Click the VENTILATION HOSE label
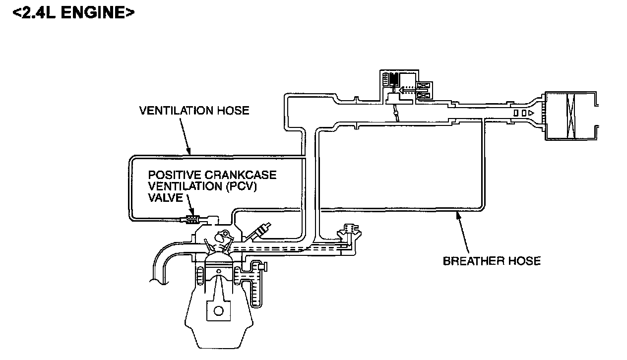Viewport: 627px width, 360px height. coord(194,110)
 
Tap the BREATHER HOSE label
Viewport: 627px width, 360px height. coord(492,260)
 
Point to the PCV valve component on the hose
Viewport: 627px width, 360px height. coord(192,219)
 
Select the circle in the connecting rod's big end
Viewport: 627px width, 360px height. coord(218,311)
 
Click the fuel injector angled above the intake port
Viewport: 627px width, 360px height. coord(261,231)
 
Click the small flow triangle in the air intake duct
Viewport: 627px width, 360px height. coord(531,114)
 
